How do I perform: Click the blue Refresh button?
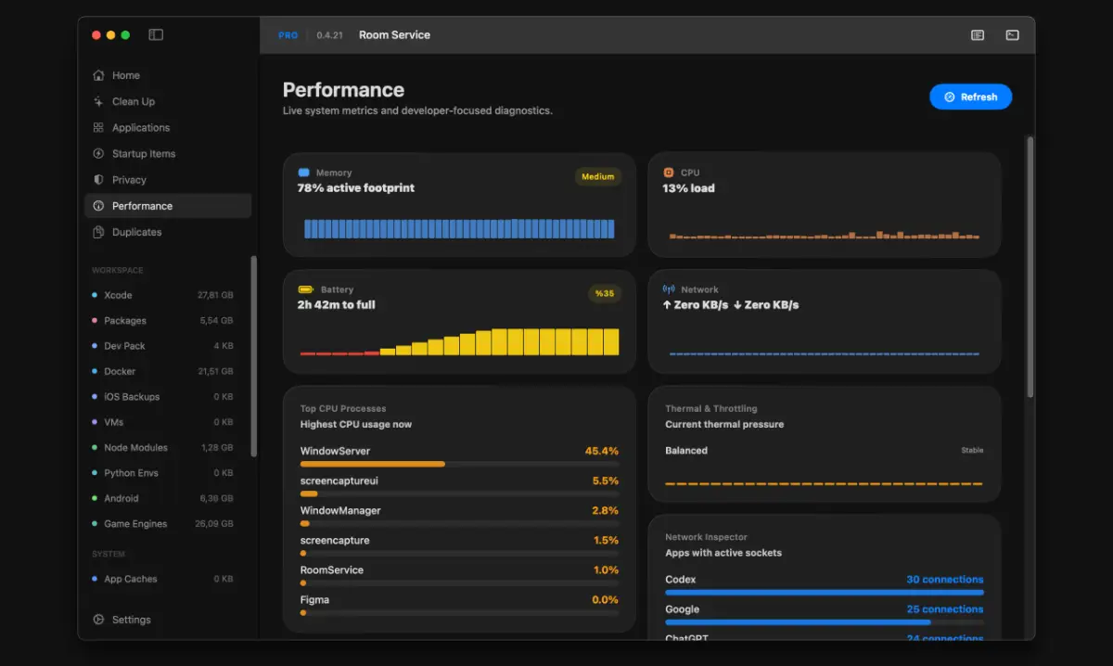[970, 96]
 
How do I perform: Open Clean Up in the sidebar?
[134, 101]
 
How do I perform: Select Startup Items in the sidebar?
[144, 154]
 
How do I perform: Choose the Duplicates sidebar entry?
[136, 232]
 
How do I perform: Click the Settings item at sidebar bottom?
[131, 620]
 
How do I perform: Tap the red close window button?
[96, 35]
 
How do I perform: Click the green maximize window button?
[125, 35]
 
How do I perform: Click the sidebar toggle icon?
[156, 35]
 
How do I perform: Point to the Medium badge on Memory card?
[597, 176]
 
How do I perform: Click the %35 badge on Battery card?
[604, 293]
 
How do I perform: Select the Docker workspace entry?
[120, 371]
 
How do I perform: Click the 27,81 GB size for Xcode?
[215, 295]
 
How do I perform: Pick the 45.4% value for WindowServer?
[602, 451]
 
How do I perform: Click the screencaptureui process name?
[339, 480]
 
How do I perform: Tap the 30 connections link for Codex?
[944, 579]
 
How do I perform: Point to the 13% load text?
[688, 188]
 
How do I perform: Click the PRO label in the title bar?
[288, 35]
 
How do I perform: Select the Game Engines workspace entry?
[135, 523]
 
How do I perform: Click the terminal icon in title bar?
[1012, 35]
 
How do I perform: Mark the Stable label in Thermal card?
[972, 450]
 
